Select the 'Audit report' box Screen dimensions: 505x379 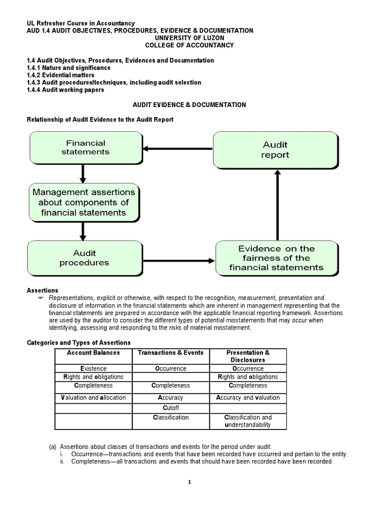(x=275, y=149)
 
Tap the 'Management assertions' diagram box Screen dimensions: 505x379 (x=83, y=202)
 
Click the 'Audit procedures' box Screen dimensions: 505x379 (x=84, y=257)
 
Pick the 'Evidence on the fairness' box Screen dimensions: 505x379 (x=276, y=258)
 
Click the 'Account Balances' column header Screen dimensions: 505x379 (x=93, y=353)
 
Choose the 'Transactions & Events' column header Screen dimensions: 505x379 (x=171, y=353)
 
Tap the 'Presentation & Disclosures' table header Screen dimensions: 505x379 (x=248, y=356)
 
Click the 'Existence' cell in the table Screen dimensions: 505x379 (x=93, y=368)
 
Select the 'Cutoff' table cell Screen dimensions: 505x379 (x=171, y=408)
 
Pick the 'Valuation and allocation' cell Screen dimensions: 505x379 (x=93, y=397)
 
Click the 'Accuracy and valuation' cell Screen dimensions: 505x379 (x=248, y=397)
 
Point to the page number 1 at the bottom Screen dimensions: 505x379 (x=189, y=482)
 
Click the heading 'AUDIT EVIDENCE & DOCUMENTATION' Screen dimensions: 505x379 (x=189, y=105)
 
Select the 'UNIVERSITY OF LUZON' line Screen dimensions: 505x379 (x=189, y=38)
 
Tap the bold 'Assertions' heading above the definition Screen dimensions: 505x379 (x=42, y=290)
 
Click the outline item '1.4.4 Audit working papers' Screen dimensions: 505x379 (x=65, y=90)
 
